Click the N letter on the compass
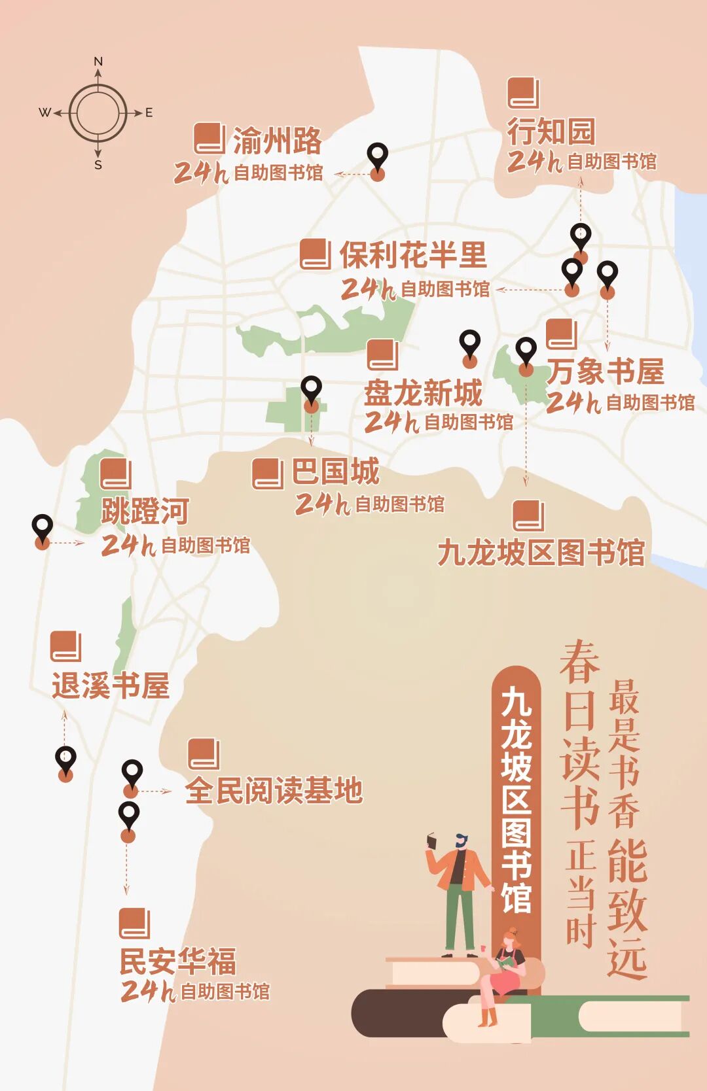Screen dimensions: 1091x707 (98, 61)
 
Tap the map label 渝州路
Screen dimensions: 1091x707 (277, 141)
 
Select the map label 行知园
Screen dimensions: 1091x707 (551, 131)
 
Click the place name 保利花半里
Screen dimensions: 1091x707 (413, 255)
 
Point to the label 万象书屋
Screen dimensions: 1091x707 (606, 372)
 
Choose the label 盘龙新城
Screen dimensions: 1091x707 (424, 392)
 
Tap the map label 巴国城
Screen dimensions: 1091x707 (336, 472)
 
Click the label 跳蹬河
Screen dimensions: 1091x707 (145, 511)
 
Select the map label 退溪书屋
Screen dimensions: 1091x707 (111, 686)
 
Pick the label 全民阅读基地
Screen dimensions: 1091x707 (274, 790)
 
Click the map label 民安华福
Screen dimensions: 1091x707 (177, 961)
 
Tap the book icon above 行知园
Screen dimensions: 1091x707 (523, 93)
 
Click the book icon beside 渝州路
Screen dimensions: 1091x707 (209, 139)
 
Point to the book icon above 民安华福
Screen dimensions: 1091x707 (134, 923)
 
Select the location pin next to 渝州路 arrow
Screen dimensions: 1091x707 (378, 158)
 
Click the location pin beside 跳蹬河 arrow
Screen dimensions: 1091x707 (43, 527)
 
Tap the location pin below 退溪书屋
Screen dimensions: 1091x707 (65, 760)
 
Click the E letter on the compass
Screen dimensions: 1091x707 (149, 113)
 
